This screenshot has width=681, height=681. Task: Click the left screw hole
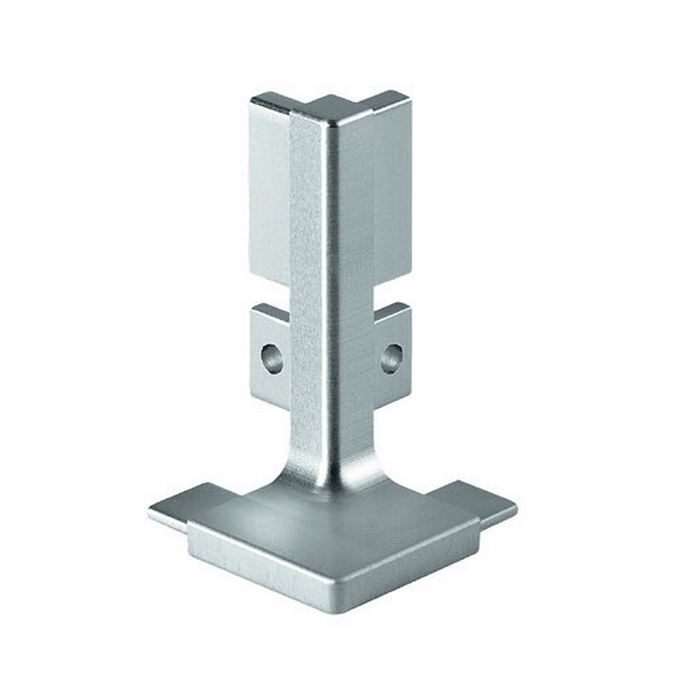272,358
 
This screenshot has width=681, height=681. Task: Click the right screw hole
392,358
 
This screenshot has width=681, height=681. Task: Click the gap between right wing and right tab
392,291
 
